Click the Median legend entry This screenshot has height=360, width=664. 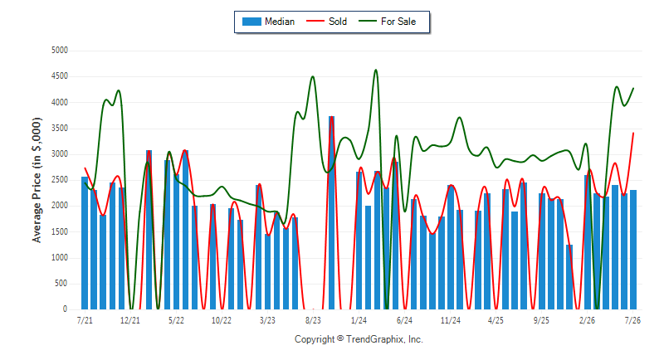[x=268, y=22]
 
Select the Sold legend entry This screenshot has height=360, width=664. [x=326, y=22]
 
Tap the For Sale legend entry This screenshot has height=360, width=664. [x=387, y=22]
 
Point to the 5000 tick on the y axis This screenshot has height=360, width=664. [x=60, y=51]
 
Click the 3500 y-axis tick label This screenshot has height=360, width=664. [x=60, y=129]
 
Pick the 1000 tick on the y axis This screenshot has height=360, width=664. [x=60, y=258]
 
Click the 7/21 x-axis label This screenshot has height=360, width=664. [x=85, y=320]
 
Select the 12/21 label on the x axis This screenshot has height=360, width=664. [x=130, y=320]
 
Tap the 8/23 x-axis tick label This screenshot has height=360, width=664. [x=313, y=320]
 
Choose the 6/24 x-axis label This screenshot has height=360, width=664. [x=404, y=320]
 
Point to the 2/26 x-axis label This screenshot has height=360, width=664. [x=587, y=320]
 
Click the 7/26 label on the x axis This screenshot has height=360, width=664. [x=632, y=320]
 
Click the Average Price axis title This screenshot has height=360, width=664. [x=37, y=180]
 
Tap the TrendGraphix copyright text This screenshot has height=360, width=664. [x=359, y=339]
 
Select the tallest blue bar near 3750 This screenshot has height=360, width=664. [x=331, y=212]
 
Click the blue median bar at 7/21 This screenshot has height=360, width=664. [x=85, y=243]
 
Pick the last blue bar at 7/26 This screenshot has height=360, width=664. [x=633, y=250]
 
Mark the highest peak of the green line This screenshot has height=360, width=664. [x=376, y=70]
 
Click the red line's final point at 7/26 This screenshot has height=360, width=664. [x=633, y=133]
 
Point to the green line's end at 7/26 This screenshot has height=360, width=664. [x=633, y=88]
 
